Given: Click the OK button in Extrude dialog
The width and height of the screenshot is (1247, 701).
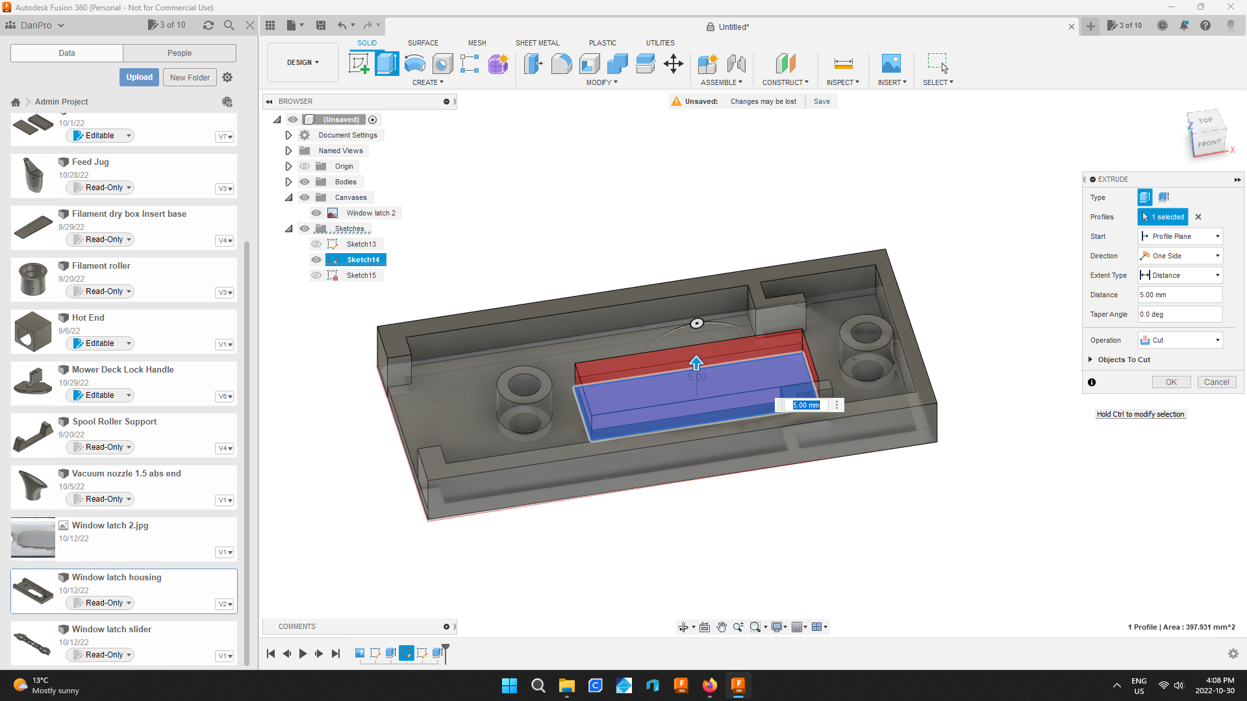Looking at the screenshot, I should click(1171, 382).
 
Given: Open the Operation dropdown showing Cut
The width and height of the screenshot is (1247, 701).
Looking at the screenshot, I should click(1180, 340).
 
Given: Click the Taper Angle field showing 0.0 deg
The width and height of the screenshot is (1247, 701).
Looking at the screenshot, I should click(1179, 314).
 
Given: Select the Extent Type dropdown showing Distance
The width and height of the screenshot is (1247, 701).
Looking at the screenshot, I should click(1180, 275).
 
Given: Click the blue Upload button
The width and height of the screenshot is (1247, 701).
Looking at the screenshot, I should click(139, 77).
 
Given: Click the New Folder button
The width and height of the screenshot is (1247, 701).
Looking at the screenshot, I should click(190, 77).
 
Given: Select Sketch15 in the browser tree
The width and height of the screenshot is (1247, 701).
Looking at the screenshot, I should click(361, 275).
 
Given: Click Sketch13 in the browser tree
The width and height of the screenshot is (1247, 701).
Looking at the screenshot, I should click(361, 244).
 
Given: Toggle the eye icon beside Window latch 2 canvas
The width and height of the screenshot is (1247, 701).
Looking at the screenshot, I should click(316, 213).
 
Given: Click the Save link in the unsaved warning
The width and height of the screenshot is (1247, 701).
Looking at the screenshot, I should click(822, 101).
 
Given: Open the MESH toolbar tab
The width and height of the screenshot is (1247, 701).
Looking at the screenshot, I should click(477, 43).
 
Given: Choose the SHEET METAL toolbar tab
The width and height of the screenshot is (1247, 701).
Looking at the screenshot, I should click(537, 43).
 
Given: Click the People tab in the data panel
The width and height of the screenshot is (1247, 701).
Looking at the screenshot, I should click(179, 53).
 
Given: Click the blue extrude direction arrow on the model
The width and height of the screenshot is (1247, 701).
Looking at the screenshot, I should click(696, 362).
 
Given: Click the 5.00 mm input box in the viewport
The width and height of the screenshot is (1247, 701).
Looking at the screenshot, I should click(806, 405).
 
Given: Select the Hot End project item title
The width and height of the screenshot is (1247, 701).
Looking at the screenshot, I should click(88, 317).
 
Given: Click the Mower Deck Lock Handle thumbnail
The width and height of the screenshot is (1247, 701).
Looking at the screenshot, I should click(33, 383).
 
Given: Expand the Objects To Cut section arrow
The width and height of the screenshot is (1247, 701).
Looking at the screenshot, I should click(1090, 360).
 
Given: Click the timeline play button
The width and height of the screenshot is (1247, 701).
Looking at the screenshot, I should click(303, 654).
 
